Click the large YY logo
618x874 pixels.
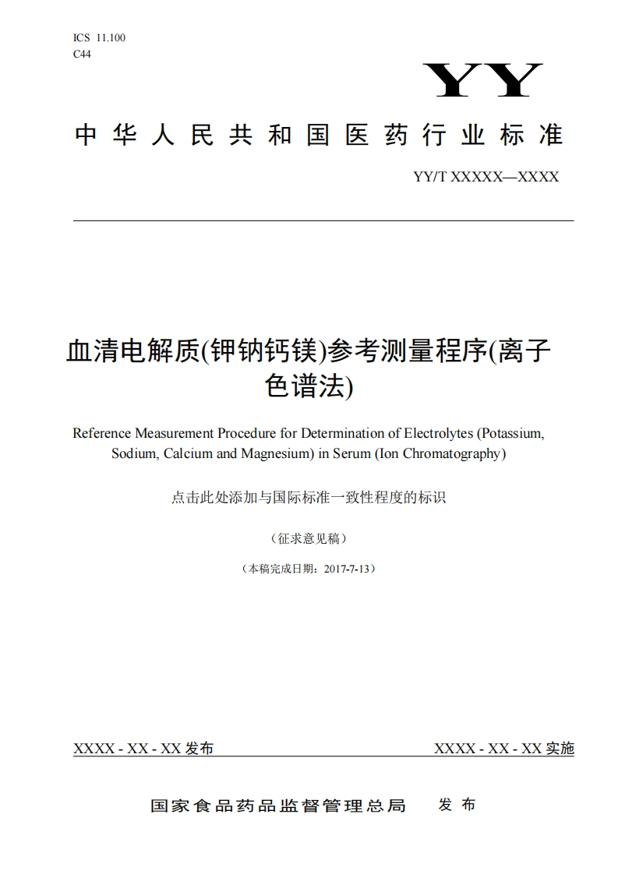482,80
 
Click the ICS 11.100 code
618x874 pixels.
99,37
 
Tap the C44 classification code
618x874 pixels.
82,54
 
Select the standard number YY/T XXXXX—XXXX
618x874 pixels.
486,178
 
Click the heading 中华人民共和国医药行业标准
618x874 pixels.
318,136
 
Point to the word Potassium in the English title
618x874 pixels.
511,433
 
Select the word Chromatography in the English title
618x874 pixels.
452,453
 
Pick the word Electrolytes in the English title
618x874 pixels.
437,433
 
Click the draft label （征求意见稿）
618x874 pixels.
309,538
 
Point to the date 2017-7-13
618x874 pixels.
345,569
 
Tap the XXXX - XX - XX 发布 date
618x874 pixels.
143,749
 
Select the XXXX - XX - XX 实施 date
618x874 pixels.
503,749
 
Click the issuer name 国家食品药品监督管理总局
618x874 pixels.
278,805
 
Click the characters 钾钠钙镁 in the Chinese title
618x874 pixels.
263,352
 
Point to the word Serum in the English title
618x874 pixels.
351,453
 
